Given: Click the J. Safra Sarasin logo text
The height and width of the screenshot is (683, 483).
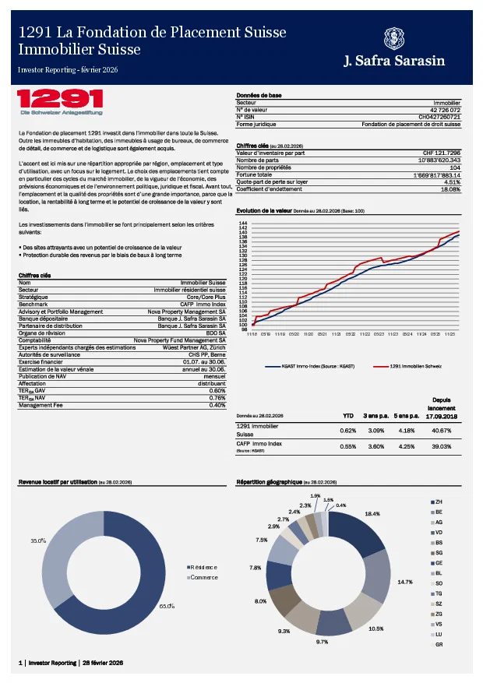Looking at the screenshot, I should (403, 62).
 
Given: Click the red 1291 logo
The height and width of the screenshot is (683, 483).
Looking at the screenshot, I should (60, 99).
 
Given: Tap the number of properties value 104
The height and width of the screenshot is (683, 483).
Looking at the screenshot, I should (455, 167).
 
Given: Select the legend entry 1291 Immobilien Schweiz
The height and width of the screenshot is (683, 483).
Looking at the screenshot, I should (417, 365).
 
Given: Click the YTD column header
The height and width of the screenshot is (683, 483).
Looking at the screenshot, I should (348, 415).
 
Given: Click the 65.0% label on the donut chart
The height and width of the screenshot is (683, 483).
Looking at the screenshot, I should (167, 606).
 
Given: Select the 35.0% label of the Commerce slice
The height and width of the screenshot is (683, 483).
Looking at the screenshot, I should (38, 540).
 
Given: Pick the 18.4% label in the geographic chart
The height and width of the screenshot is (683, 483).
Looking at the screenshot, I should (372, 514).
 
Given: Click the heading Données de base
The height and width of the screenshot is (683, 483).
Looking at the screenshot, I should (259, 95).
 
